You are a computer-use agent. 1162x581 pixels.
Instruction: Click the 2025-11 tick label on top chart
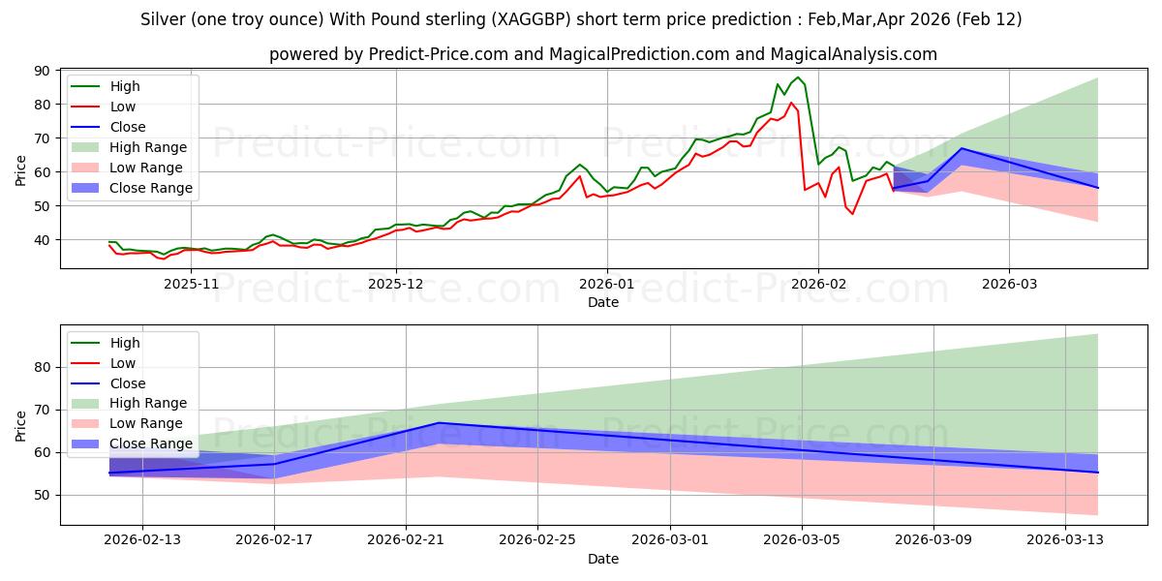(191, 284)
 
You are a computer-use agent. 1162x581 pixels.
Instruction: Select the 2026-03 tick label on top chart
(1009, 284)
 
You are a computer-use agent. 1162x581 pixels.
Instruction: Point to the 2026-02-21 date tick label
(406, 540)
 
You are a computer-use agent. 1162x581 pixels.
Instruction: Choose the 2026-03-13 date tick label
(1065, 540)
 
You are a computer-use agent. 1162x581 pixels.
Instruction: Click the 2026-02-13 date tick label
(142, 540)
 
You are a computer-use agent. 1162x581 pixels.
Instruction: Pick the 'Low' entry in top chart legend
(123, 107)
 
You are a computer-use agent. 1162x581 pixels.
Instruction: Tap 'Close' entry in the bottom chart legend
(128, 383)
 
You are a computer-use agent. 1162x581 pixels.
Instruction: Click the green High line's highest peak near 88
(798, 77)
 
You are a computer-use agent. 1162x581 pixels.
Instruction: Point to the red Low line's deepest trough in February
(852, 214)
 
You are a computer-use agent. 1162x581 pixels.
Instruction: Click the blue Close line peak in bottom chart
(439, 423)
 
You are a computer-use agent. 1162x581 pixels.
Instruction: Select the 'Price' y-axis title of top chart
(21, 169)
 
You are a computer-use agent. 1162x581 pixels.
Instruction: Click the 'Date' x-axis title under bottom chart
(602, 559)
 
